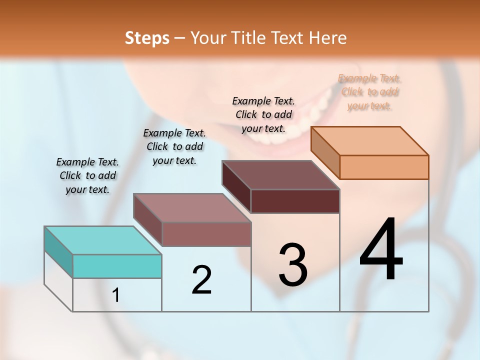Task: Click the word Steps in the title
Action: (147, 38)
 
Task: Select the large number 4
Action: (381, 249)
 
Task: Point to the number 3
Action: (292, 264)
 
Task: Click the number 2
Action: (201, 279)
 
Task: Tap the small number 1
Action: (116, 295)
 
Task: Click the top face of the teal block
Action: (102, 240)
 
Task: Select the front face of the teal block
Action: (117, 266)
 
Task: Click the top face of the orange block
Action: (370, 140)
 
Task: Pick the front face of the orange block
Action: (384, 167)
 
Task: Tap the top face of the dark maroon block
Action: (280, 175)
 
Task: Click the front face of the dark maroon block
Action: (295, 201)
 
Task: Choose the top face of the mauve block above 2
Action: (192, 208)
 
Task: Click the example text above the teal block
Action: (87, 175)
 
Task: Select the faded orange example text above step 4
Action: (369, 91)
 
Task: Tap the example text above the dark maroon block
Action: (263, 114)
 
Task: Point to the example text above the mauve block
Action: (174, 146)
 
